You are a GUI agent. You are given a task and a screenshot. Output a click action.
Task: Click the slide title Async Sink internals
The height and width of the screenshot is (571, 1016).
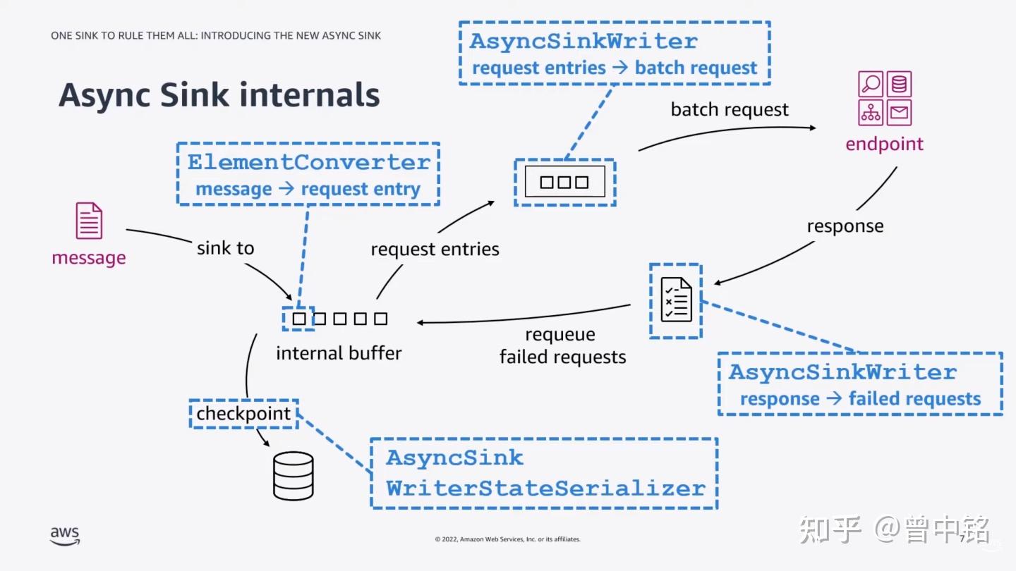(219, 95)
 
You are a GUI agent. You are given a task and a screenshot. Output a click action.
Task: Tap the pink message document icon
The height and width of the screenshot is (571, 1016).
(89, 221)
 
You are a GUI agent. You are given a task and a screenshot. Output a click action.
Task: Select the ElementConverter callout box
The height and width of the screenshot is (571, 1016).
(308, 174)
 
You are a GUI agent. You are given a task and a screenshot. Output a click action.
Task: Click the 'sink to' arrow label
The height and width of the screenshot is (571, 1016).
(225, 248)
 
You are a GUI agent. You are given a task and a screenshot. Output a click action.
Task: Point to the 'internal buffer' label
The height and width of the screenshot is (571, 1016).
(339, 352)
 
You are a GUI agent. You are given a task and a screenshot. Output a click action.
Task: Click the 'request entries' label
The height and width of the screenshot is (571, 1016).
(435, 249)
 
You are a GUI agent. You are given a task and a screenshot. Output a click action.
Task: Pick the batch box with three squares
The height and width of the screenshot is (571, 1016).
(564, 183)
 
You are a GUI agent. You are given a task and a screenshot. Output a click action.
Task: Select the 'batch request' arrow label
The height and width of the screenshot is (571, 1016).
(730, 109)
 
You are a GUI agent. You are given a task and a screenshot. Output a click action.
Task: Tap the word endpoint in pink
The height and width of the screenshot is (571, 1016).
(884, 144)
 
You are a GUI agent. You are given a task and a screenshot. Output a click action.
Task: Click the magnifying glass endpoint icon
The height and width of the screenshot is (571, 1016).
(871, 85)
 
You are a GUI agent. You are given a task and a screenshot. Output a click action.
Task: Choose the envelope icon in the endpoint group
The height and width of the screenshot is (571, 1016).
(899, 112)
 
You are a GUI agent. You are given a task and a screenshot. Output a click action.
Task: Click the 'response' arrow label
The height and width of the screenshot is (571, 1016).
(845, 226)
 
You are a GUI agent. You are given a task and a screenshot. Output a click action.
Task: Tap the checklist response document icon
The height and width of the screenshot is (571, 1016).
(676, 300)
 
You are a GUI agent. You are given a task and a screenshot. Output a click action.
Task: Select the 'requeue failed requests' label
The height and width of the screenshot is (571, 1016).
(562, 345)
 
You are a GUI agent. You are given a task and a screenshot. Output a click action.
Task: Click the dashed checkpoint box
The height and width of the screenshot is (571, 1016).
(243, 414)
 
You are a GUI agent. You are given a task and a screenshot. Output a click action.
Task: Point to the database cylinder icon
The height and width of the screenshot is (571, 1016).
(293, 476)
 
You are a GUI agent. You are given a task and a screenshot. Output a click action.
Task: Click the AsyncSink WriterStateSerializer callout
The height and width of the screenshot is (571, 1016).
(544, 473)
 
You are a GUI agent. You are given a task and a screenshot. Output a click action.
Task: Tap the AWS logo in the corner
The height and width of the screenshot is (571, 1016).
(65, 536)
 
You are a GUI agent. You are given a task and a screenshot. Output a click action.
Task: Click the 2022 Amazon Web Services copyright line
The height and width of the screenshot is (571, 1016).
(507, 539)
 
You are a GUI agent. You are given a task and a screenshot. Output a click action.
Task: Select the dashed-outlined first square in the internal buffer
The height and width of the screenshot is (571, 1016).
(299, 319)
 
